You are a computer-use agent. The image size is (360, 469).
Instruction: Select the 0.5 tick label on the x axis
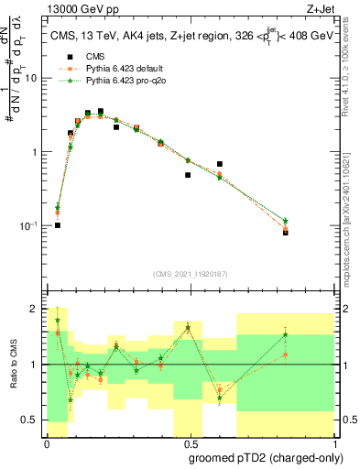[188, 443]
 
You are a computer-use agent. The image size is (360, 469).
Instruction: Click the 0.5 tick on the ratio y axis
[33, 420]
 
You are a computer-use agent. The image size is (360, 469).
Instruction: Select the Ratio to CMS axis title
[12, 365]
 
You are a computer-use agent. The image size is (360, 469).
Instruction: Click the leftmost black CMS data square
[58, 225]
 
